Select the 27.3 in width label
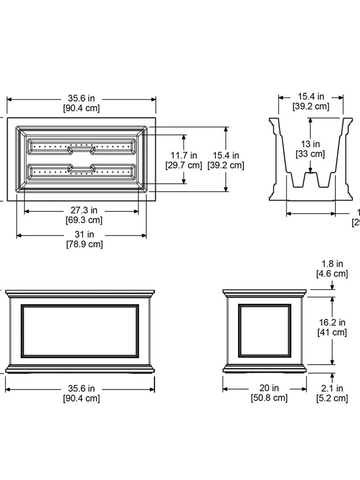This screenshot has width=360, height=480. click(84, 210)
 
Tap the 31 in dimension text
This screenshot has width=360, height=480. click(84, 234)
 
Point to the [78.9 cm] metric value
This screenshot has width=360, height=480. click(84, 244)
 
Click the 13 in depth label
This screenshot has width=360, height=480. click(310, 144)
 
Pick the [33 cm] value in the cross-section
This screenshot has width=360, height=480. click(310, 154)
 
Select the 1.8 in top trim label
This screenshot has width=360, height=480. click(332, 264)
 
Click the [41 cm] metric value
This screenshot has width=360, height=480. click(332, 332)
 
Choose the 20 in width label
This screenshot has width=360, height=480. click(269, 388)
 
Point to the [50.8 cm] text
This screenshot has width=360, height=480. click(269, 398)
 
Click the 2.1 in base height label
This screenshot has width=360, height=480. click(332, 388)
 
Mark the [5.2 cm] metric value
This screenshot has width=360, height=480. click(332, 398)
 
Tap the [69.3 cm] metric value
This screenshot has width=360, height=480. click(84, 220)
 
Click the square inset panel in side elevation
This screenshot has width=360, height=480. click(265, 330)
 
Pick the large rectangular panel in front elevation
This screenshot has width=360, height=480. click(80, 331)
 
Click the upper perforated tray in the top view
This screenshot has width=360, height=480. click(81, 147)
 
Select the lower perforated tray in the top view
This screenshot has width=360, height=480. click(81, 172)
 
